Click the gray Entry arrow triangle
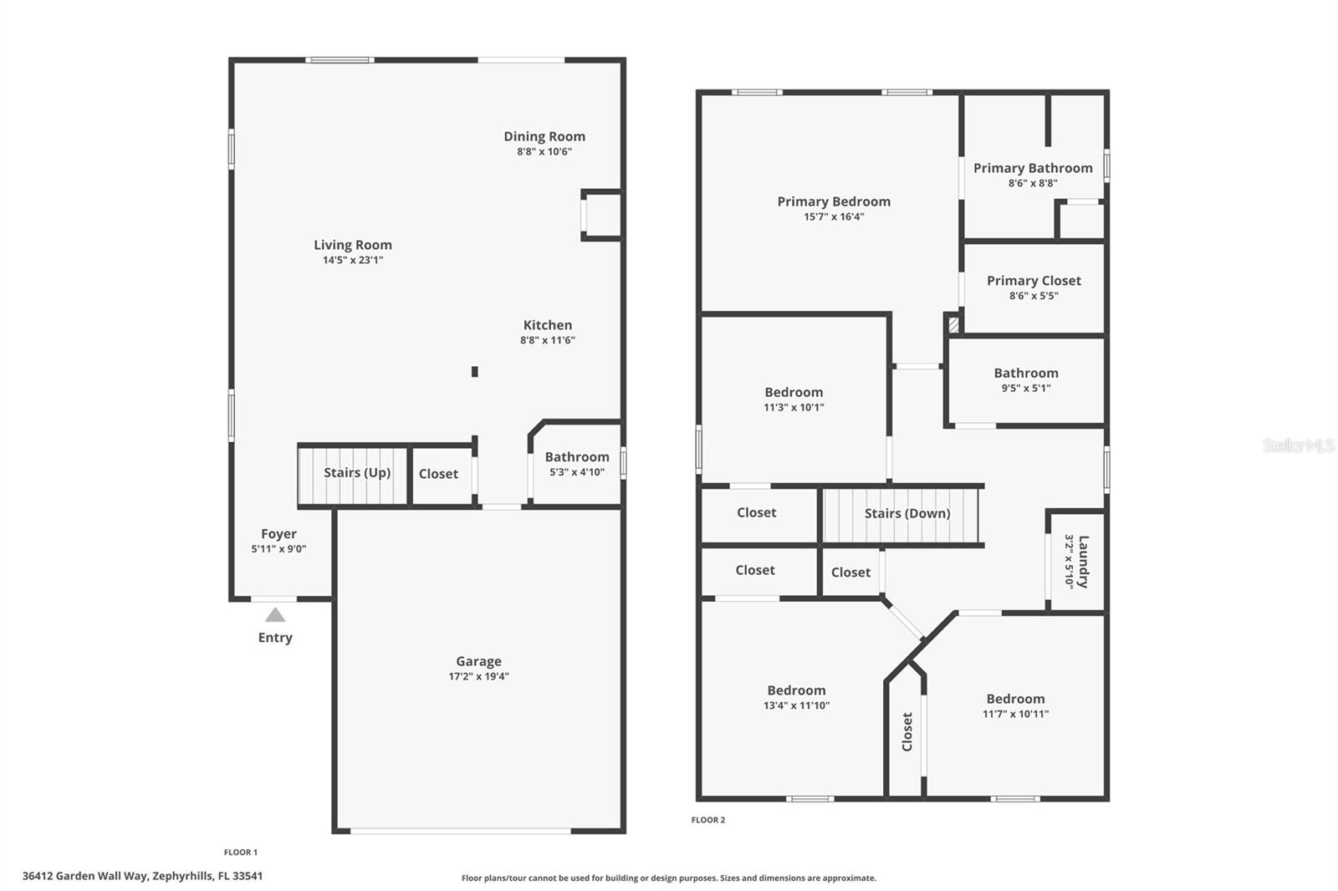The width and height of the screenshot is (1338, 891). [x=275, y=615]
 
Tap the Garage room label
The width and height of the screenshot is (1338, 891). [x=478, y=661]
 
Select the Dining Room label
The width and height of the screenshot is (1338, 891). [x=544, y=136]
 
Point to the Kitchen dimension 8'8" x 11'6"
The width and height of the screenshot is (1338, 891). [x=548, y=340]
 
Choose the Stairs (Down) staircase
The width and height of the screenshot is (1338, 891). [x=901, y=515]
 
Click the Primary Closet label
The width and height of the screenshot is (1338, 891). [x=1034, y=281]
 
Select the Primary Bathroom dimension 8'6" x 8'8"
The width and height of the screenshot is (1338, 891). [x=1033, y=183]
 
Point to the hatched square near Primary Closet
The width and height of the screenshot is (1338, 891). [x=953, y=323]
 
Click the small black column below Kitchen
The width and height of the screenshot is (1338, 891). [x=475, y=372]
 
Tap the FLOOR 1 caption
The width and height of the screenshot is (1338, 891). [x=241, y=853]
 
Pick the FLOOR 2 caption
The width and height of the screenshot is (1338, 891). [x=708, y=820]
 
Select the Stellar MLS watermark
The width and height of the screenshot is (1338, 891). [x=1298, y=445]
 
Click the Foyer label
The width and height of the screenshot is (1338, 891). [x=278, y=533]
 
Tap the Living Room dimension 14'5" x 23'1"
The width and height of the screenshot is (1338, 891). [x=353, y=260]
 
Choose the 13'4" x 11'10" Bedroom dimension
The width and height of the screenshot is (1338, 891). [x=796, y=705]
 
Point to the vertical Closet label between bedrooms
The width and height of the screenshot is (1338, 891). [x=907, y=731]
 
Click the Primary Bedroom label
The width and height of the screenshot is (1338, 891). [x=834, y=201]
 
